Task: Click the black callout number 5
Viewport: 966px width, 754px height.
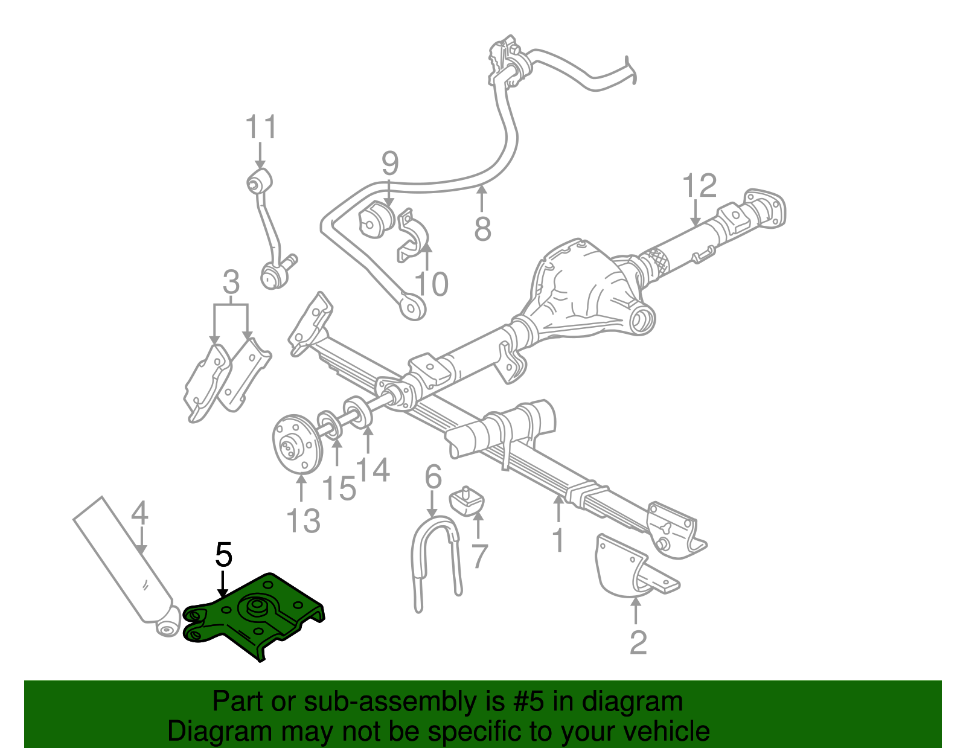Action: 223,554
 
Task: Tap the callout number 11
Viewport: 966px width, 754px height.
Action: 261,128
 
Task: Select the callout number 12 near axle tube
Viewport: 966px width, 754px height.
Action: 699,186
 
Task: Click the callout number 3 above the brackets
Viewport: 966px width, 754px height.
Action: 231,283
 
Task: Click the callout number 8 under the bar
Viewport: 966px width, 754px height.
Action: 482,229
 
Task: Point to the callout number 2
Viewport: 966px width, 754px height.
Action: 638,642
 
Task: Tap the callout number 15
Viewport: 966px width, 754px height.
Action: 339,488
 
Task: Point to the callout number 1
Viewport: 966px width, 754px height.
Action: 558,538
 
